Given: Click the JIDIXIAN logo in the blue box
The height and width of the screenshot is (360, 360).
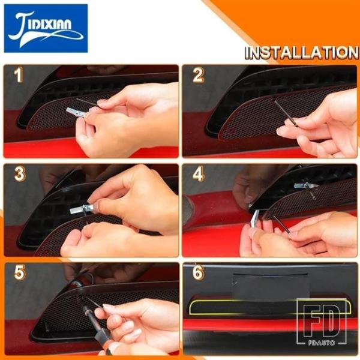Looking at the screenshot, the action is pos(46,28).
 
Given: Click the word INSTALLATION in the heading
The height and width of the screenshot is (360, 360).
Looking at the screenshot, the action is pos(301,53).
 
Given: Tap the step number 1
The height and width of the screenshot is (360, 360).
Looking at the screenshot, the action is pos(19,75).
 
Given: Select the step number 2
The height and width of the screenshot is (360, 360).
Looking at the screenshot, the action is pos(198,75).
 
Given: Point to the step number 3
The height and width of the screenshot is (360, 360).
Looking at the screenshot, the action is pos(20,174).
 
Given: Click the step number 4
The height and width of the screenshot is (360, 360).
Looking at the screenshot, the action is pos(199,174).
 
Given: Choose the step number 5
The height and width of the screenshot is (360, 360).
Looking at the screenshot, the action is pos(20,272).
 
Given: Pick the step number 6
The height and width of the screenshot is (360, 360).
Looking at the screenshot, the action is pos(198,272).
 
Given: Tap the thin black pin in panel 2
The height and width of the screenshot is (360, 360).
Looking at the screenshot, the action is pos(286,113).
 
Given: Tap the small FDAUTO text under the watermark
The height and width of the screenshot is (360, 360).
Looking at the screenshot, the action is pos(321,343).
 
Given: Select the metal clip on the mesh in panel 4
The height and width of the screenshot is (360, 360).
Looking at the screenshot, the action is pos(305,185).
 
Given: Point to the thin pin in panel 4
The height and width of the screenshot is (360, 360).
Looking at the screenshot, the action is pos(281,224).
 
